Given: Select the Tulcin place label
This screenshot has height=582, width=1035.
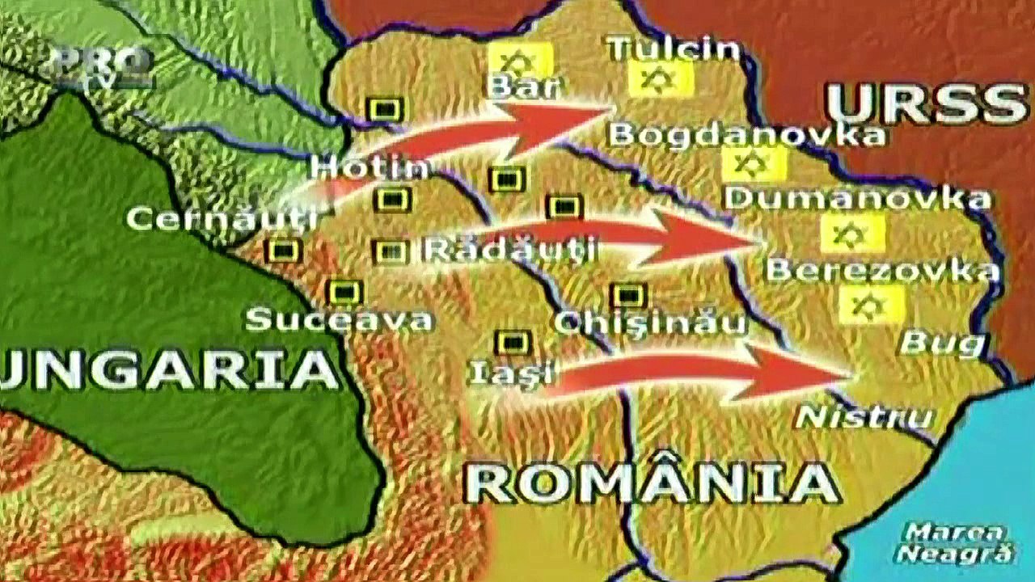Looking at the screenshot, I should point(674,48).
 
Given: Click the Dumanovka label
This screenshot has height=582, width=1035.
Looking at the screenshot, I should point(858,197).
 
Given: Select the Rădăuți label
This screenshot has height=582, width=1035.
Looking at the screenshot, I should point(510,249).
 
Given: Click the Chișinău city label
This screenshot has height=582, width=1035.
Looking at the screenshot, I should point(650,323).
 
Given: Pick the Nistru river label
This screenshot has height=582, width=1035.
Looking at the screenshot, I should point(864,417).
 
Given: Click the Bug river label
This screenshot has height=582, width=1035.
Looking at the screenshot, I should point(943,344).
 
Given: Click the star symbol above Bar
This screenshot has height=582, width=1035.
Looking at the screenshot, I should point(520,60).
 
